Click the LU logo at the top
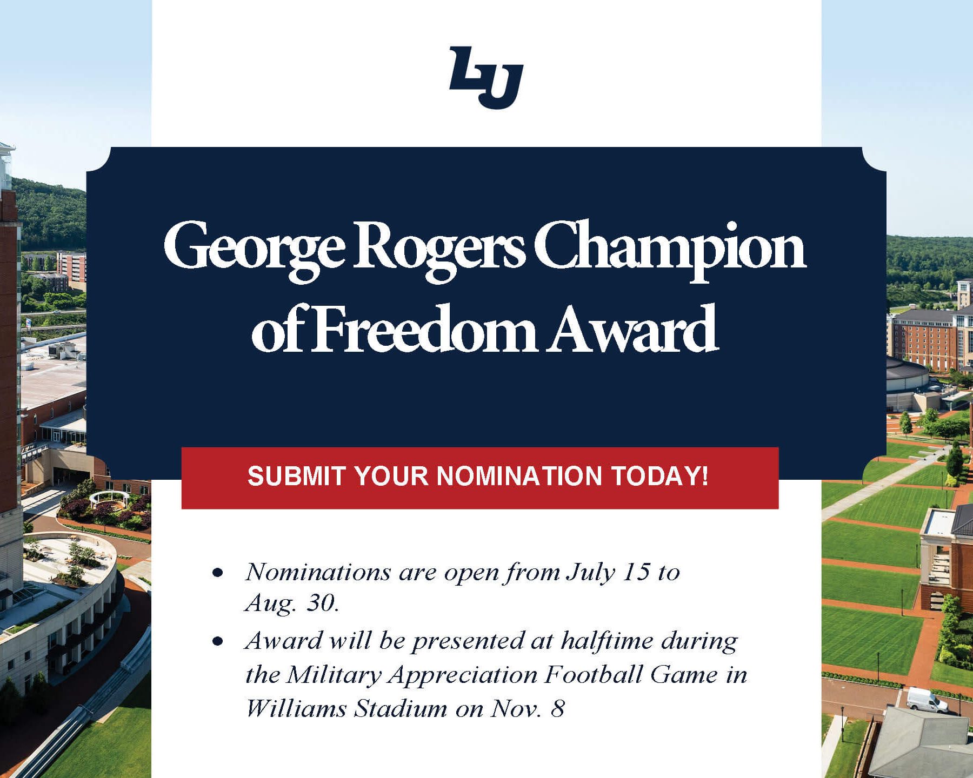pyautogui.click(x=486, y=77)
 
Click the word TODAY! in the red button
pyautogui.click(x=659, y=476)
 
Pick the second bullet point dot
pyautogui.click(x=218, y=641)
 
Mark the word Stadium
pyautogui.click(x=401, y=708)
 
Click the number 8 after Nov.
pyautogui.click(x=558, y=709)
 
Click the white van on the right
pyautogui.click(x=927, y=700)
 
